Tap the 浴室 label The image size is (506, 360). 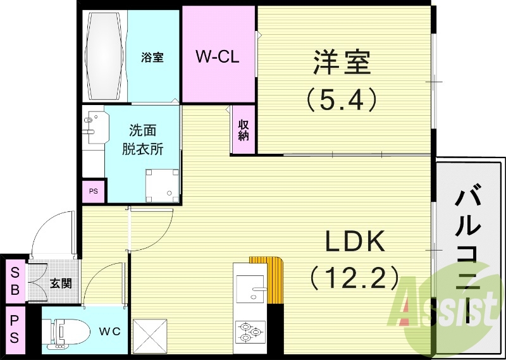[x=152, y=58]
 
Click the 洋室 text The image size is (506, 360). [x=342, y=63]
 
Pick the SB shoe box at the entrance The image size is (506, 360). [x=14, y=281]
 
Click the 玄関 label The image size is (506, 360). [x=61, y=283]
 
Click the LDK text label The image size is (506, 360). [x=355, y=241]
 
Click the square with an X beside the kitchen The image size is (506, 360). [x=150, y=335]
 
